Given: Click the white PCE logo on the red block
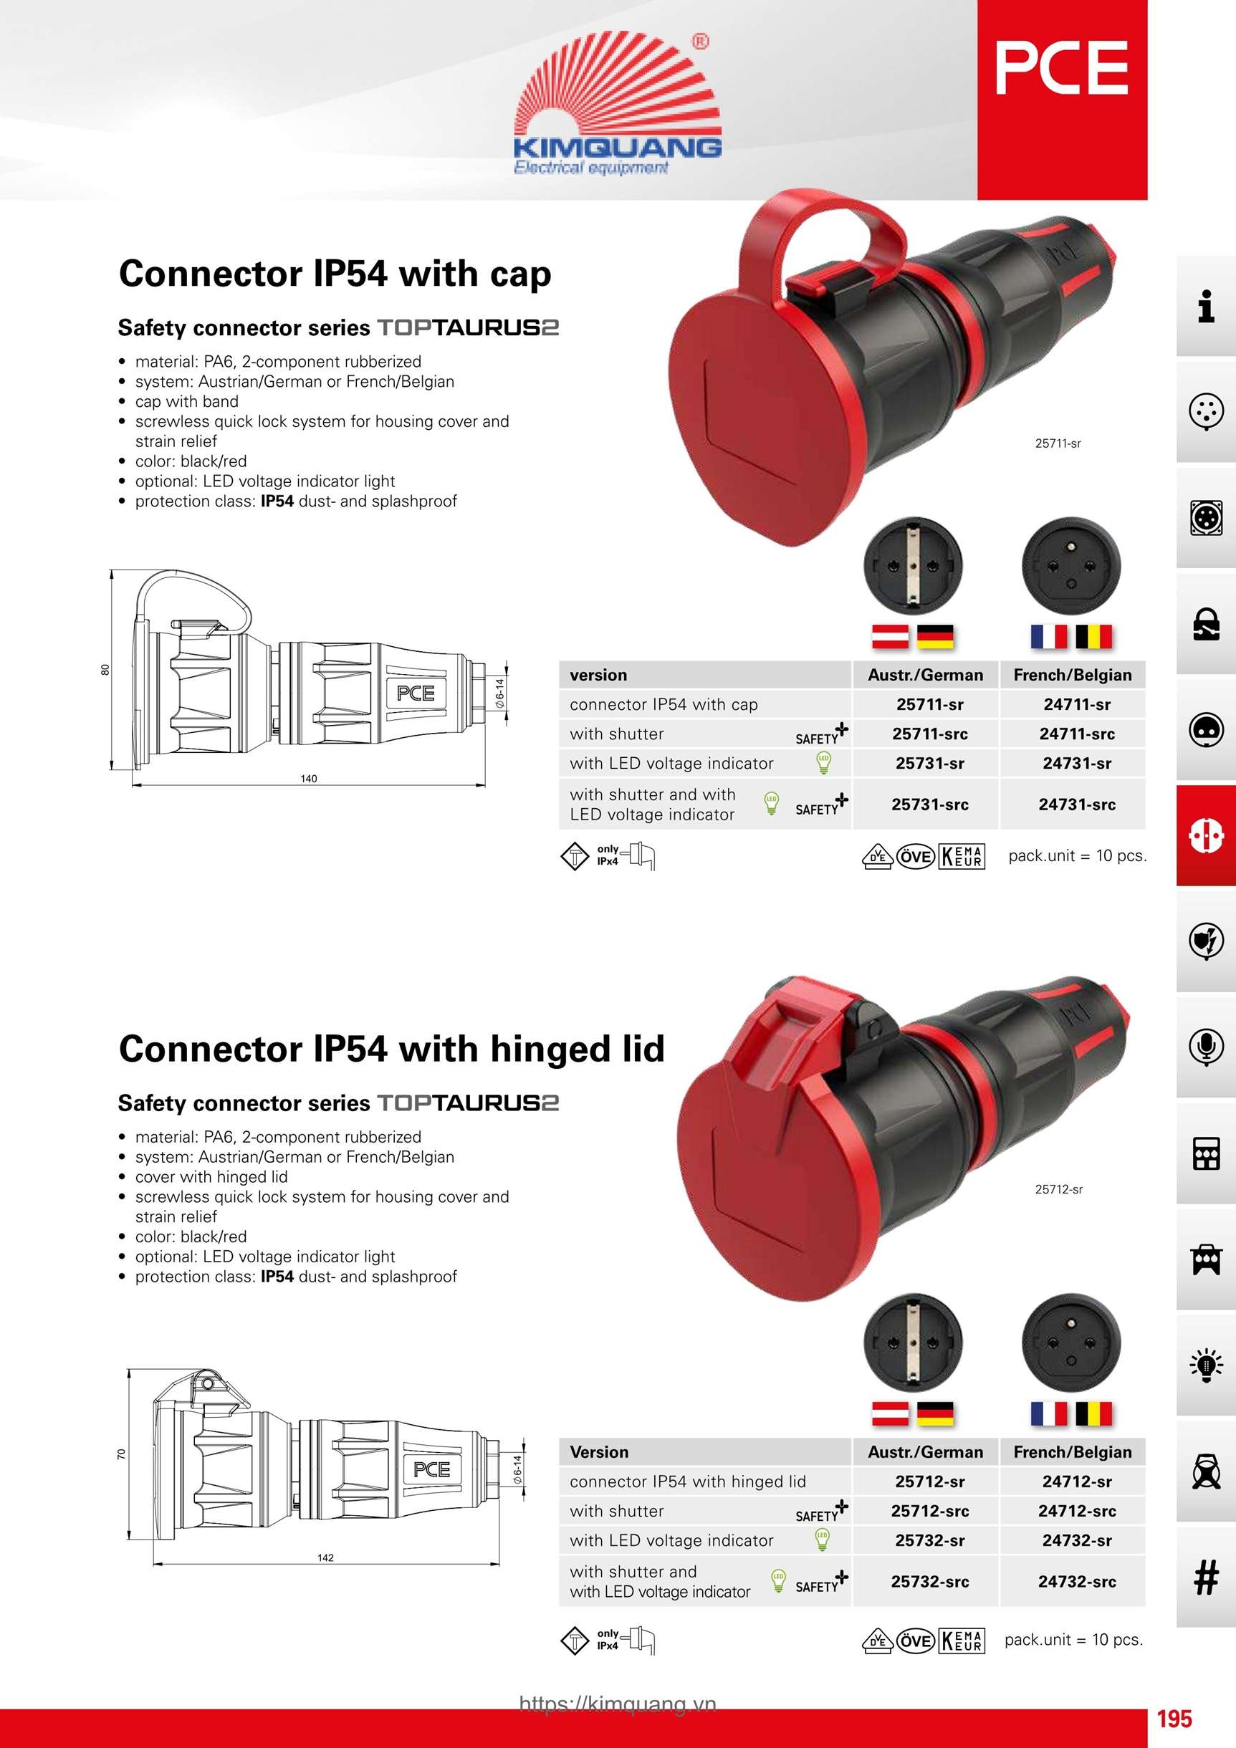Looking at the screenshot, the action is tap(1062, 68).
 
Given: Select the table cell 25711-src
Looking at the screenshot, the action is tap(930, 734).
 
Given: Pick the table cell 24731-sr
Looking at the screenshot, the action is tap(1077, 763).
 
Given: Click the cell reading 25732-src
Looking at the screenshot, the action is tap(930, 1581).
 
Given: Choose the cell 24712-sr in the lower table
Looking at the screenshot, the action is tap(1077, 1482).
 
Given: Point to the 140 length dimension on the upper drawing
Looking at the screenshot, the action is tap(308, 778).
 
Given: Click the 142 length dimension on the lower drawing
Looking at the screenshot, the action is tap(325, 1557).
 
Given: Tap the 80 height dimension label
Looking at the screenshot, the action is tap(105, 669).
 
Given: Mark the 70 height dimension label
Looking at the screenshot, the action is tap(121, 1454).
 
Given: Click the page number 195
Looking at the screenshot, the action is tap(1174, 1719).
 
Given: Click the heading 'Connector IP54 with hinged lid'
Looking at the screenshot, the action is tap(391, 1049).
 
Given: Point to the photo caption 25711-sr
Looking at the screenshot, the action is tap(1058, 443).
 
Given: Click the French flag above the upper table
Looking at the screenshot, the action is tap(1049, 636).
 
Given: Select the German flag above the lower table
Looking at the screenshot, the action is tap(936, 1413).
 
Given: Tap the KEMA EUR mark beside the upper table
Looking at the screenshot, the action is tap(962, 857).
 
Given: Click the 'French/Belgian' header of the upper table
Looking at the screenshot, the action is tap(1072, 676).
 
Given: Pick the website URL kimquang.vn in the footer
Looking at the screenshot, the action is tap(618, 1704).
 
